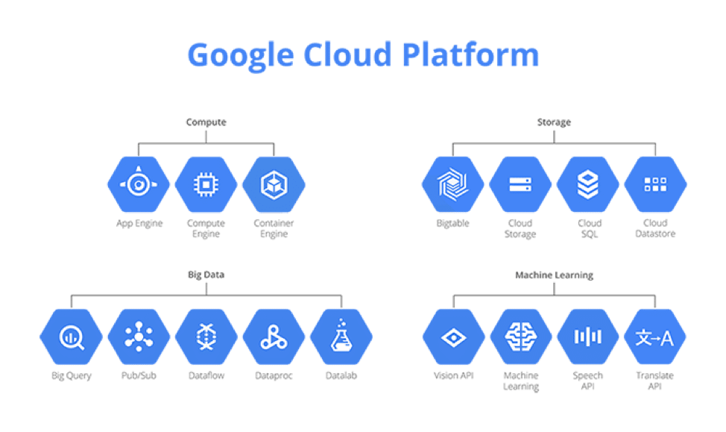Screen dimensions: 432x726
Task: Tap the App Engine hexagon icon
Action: [x=139, y=184]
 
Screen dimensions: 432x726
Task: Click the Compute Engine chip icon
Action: [x=206, y=184]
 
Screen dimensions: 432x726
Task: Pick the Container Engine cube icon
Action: [x=274, y=184]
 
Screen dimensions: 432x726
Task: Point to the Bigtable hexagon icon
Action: [x=452, y=184]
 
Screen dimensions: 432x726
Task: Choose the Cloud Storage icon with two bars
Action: [x=520, y=184]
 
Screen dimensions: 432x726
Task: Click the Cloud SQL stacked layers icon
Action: [x=588, y=184]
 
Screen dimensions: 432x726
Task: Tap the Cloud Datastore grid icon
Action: [x=655, y=184]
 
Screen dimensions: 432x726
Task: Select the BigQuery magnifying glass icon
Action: [x=71, y=337]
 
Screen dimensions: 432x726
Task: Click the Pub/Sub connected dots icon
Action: [x=139, y=337]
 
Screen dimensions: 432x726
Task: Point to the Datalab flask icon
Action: [x=341, y=337]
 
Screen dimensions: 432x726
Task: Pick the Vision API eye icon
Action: [x=452, y=337]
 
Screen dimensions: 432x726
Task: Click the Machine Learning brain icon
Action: [x=520, y=337]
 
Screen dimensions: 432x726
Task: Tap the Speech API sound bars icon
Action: [x=588, y=337]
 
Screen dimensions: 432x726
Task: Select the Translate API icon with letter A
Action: [x=655, y=337]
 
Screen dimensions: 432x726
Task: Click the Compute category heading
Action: [x=206, y=122]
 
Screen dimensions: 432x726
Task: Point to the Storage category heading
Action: [x=554, y=122]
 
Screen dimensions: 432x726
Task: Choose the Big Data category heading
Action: [x=206, y=275]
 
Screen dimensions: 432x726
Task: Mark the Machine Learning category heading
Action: [x=554, y=275]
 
